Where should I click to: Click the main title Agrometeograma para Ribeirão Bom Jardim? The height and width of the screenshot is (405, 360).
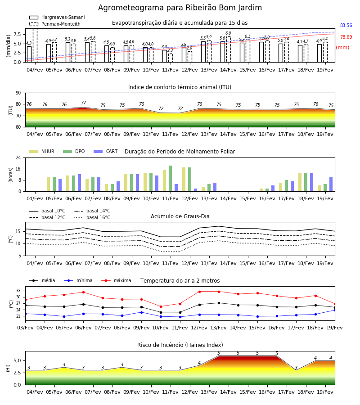pyautogui.click(x=180, y=8)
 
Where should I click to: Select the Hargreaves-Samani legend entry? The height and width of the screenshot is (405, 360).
pyautogui.click(x=57, y=17)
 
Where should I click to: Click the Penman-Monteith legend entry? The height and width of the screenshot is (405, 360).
pyautogui.click(x=55, y=24)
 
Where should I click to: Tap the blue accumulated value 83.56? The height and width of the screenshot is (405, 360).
pyautogui.click(x=346, y=25)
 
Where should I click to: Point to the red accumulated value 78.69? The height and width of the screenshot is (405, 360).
pyautogui.click(x=346, y=37)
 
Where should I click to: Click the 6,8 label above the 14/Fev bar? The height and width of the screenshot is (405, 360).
pyautogui.click(x=228, y=33)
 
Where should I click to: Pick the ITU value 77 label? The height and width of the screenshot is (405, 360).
pyautogui.click(x=83, y=103)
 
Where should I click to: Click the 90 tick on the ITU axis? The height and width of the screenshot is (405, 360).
pyautogui.click(x=18, y=93)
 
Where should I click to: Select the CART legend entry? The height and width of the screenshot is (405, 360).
pyautogui.click(x=106, y=151)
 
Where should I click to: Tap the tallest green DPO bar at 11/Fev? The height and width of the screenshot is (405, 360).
pyautogui.click(x=171, y=179)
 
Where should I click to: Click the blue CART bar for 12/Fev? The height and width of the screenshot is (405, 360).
pyautogui.click(x=195, y=190)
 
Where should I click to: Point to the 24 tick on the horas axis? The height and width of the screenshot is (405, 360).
pyautogui.click(x=18, y=157)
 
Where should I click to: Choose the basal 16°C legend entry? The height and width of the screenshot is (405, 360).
pyautogui.click(x=92, y=217)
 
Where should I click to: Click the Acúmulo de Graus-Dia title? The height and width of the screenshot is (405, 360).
pyautogui.click(x=180, y=216)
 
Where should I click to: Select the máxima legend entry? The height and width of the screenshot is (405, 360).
pyautogui.click(x=116, y=280)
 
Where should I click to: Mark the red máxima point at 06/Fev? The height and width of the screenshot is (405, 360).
pyautogui.click(x=83, y=292)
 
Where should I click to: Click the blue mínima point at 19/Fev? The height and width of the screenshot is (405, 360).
pyautogui.click(x=335, y=310)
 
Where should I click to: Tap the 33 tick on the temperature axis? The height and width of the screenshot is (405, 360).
pyautogui.click(x=18, y=291)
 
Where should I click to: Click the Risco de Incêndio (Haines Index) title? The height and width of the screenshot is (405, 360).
pyautogui.click(x=180, y=345)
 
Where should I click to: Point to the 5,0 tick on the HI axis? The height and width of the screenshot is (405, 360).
pyautogui.click(x=17, y=360)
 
